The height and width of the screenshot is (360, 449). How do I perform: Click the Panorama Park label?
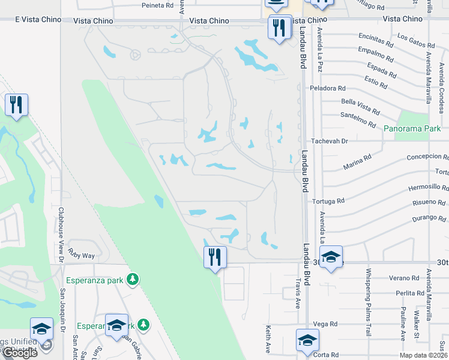tap(412, 128)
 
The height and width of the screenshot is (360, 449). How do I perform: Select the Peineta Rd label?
tap(157, 5)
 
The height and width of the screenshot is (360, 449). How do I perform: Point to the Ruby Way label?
tap(82, 256)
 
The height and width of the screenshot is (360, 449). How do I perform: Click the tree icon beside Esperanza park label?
tap(133, 279)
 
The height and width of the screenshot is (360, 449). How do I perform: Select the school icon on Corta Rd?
tap(307, 340)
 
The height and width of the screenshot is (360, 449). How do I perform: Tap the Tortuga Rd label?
tap(332, 201)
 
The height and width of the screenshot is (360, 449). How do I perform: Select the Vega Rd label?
tap(326, 324)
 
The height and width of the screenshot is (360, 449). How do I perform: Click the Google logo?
tap(20, 353)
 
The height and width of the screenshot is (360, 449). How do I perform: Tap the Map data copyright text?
tap(423, 355)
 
